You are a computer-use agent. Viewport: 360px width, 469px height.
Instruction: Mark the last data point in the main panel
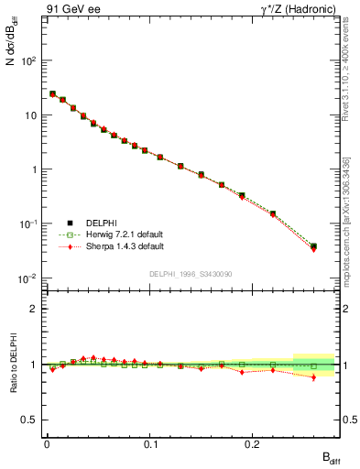click(313, 246)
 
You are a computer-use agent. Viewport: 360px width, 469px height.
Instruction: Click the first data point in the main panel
click(52, 93)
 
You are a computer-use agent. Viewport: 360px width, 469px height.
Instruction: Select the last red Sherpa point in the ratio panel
click(313, 377)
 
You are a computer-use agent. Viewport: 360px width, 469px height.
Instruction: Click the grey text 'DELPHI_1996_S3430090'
click(190, 274)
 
